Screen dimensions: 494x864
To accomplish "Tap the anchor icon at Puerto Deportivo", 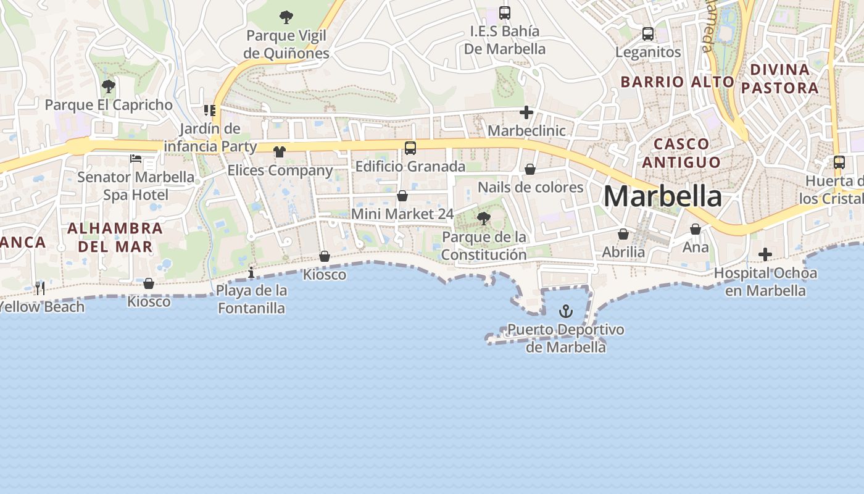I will (x=565, y=311).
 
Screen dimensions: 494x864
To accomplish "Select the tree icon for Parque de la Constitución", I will (x=484, y=218).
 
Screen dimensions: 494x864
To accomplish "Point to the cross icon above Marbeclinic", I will (x=526, y=112).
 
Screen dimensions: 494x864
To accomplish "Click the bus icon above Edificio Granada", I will (x=410, y=148).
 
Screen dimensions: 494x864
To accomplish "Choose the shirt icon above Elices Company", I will (x=280, y=152).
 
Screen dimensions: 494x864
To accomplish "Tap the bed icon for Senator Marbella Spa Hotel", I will (x=136, y=159).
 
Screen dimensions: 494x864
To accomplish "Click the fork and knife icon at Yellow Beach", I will (x=40, y=288).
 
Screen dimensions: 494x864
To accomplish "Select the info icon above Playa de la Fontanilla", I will (x=251, y=272).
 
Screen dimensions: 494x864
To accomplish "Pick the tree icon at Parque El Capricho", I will (x=109, y=86).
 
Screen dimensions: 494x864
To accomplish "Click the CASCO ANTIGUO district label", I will (x=681, y=153).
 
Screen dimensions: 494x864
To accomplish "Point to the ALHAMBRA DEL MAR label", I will (x=115, y=237).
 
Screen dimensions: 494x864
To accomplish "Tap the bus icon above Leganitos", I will (x=648, y=34).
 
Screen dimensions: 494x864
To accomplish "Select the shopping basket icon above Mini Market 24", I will (x=402, y=196).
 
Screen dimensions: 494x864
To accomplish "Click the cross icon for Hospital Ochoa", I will (x=765, y=254).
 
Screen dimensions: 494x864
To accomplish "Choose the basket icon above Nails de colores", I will (x=530, y=169).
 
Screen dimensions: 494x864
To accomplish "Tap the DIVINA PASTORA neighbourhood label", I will (x=779, y=78).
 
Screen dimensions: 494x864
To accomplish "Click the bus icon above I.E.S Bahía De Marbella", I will (x=505, y=13).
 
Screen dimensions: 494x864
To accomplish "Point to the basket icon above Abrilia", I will (x=623, y=234).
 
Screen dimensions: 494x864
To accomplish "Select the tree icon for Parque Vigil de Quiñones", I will (x=286, y=17).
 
